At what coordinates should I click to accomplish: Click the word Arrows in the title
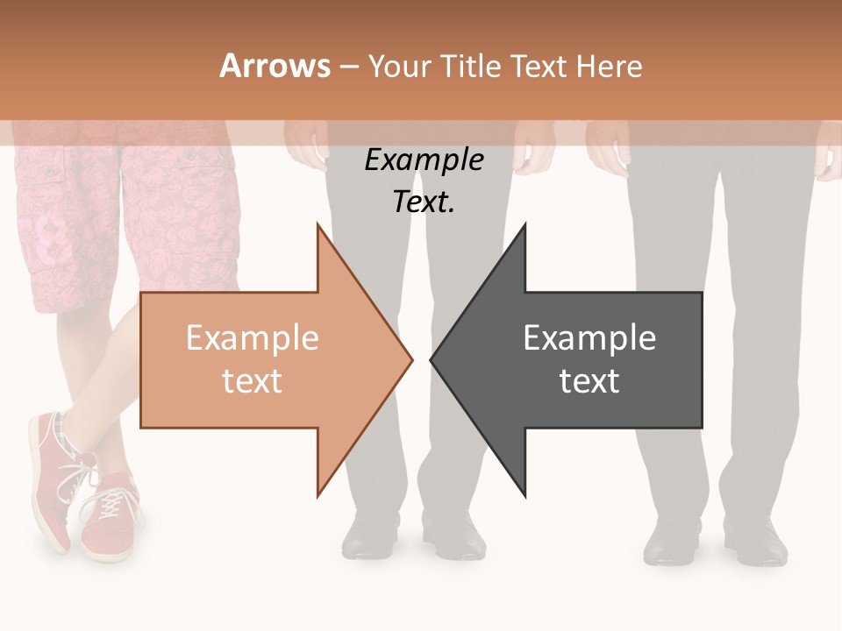point(275,66)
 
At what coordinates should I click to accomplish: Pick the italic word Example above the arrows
point(424,160)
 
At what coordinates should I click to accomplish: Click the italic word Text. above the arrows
point(424,202)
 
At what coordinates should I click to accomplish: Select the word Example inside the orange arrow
point(252,338)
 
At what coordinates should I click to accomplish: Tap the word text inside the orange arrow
point(252,381)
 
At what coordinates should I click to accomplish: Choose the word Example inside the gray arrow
point(589,338)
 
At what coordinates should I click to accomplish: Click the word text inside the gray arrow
point(589,381)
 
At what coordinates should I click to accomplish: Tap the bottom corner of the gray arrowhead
point(524,494)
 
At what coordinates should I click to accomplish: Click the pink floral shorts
point(123,219)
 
